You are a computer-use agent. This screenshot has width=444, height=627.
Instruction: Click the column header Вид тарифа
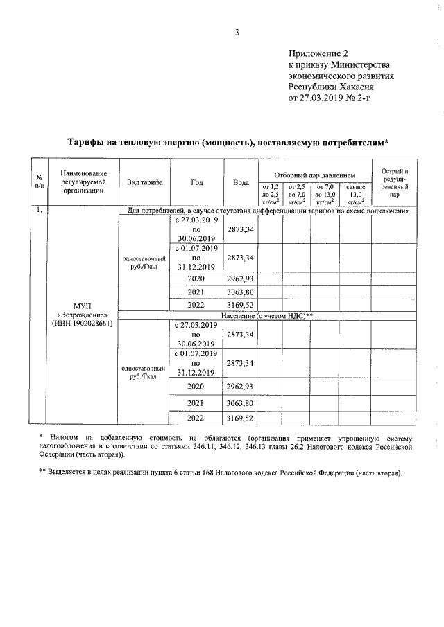click(144, 182)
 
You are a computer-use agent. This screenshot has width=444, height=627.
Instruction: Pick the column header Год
click(196, 182)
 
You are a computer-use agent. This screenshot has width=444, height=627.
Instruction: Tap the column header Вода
click(241, 182)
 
